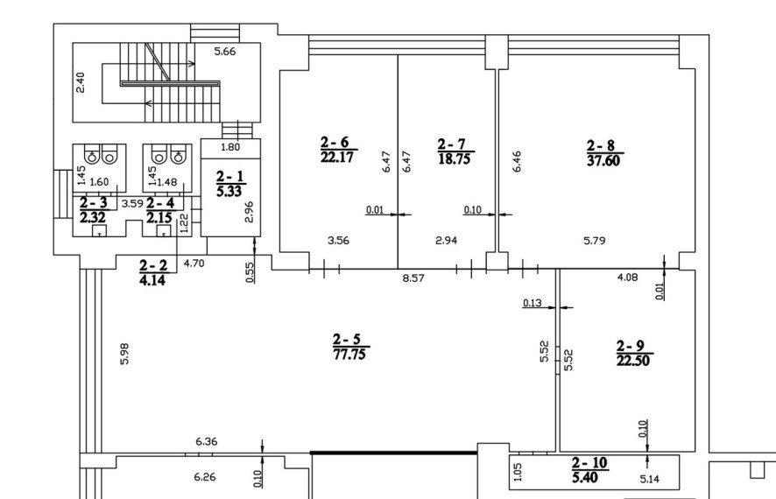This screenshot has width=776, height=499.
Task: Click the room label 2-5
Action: [x=347, y=340]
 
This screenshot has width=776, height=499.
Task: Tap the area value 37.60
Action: [x=603, y=161]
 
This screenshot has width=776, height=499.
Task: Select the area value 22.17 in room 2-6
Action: [x=337, y=158]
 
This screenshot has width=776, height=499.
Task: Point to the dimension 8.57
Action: [x=413, y=278]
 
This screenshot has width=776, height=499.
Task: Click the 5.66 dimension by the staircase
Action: [x=225, y=51]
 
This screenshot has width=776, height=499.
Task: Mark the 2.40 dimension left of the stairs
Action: [x=81, y=82]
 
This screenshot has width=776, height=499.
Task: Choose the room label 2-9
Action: [x=631, y=346]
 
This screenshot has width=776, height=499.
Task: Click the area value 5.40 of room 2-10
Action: [x=584, y=478]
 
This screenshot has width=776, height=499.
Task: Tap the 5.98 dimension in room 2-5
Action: [x=124, y=354]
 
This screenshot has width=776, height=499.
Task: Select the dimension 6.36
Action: [x=207, y=441]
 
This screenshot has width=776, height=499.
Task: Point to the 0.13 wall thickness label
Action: [x=532, y=303]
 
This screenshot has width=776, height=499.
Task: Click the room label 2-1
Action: [x=230, y=177]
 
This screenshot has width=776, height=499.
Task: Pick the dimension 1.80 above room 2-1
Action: [x=230, y=147]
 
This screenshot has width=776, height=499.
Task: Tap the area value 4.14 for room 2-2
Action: [x=152, y=280]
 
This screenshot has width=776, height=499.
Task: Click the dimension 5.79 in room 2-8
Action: [x=595, y=241]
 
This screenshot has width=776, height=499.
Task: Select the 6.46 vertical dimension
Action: [x=517, y=161]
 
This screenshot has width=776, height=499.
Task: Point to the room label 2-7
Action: [x=451, y=144]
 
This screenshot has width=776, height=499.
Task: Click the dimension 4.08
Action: [x=627, y=278]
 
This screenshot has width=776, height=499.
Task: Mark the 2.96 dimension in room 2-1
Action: [x=249, y=212]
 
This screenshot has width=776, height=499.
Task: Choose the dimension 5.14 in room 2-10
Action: [x=649, y=479]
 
